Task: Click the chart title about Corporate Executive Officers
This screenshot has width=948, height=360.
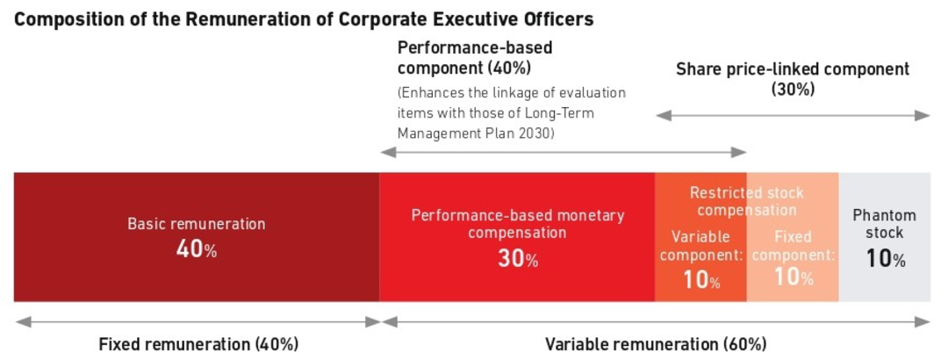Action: point(304,18)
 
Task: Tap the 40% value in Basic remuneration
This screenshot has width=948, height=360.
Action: point(196,249)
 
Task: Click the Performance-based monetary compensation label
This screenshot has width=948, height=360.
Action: point(518,224)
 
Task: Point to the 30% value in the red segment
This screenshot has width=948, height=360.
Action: point(518,260)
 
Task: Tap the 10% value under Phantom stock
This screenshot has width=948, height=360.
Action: point(885,259)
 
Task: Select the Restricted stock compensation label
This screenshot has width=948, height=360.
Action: point(746,201)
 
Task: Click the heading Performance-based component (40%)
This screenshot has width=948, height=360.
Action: point(475,57)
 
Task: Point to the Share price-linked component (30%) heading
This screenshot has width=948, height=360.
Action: point(793,79)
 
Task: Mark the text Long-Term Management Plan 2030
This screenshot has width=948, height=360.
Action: point(508,125)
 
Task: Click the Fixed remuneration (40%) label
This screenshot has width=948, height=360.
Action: point(198,344)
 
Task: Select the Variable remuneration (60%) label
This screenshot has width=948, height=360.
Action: point(656,344)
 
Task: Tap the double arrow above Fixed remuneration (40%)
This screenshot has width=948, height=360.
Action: point(198,321)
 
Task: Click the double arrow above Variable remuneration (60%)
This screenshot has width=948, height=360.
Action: point(656,321)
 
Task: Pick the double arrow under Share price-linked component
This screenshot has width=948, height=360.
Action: point(793,115)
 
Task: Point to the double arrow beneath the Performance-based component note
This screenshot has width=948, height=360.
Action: point(563,153)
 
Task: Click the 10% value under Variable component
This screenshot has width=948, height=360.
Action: point(700,281)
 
